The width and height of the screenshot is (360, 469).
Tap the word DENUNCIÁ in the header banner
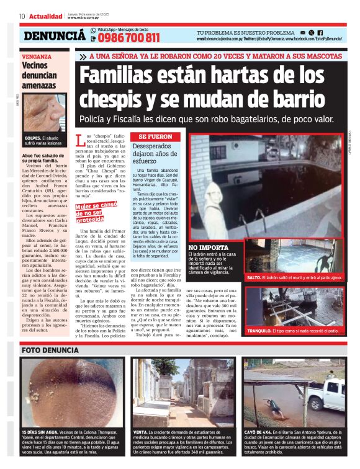(54, 36)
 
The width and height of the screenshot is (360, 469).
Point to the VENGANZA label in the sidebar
(36, 56)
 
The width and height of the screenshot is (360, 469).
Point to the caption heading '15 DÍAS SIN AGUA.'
(44, 432)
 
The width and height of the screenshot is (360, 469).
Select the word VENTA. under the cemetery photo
(141, 432)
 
